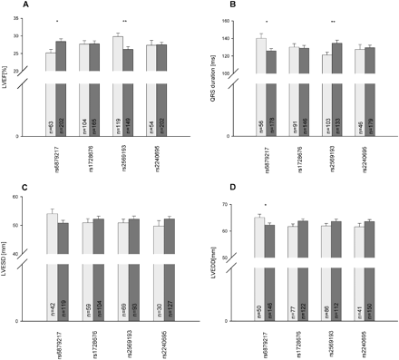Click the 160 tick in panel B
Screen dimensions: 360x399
click(x=233, y=17)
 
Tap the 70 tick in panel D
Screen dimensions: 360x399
click(x=233, y=205)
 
